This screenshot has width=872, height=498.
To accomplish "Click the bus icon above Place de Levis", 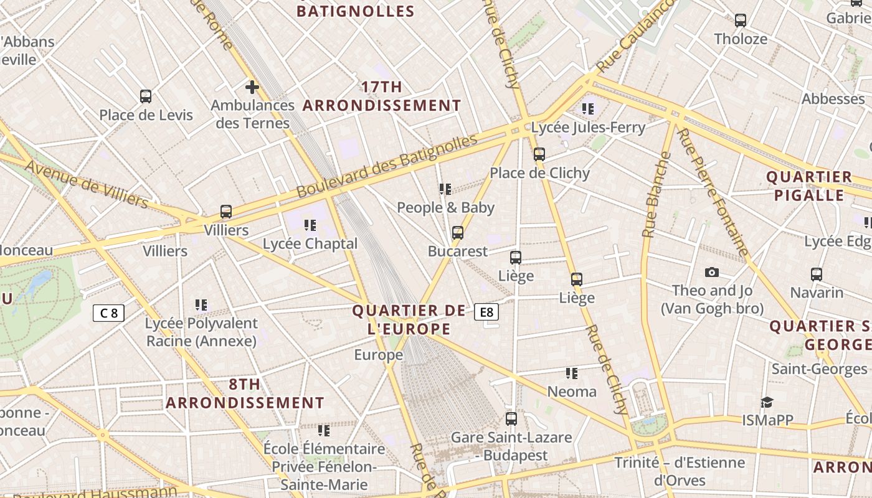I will [x=145, y=96].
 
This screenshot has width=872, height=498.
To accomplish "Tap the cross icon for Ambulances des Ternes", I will [x=252, y=87].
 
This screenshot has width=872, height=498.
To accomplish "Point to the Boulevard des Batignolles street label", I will [x=387, y=166].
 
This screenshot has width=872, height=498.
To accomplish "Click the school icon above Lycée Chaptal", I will [x=310, y=225].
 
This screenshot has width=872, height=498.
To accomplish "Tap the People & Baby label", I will [x=445, y=207].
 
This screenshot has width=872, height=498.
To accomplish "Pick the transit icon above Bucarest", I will [x=458, y=233].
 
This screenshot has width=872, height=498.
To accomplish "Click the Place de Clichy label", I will [x=539, y=173].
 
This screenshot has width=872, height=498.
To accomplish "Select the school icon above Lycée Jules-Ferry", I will [x=587, y=109].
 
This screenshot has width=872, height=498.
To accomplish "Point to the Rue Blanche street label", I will [x=657, y=194].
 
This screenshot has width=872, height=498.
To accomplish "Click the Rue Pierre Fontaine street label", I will [x=713, y=193].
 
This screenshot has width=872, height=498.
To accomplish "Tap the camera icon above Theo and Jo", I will [x=712, y=272].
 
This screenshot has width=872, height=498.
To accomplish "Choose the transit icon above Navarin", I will [x=816, y=274].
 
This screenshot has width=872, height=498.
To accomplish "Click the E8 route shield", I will [x=486, y=312].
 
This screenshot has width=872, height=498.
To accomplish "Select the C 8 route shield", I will [x=108, y=312].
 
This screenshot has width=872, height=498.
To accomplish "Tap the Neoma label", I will [x=571, y=392].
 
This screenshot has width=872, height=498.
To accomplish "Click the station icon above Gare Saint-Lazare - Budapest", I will [x=511, y=419].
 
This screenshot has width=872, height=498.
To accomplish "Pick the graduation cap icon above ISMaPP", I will [x=767, y=402].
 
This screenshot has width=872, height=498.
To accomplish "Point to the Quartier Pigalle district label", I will [x=809, y=186].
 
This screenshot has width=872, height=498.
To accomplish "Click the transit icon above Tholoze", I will [x=740, y=21].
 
